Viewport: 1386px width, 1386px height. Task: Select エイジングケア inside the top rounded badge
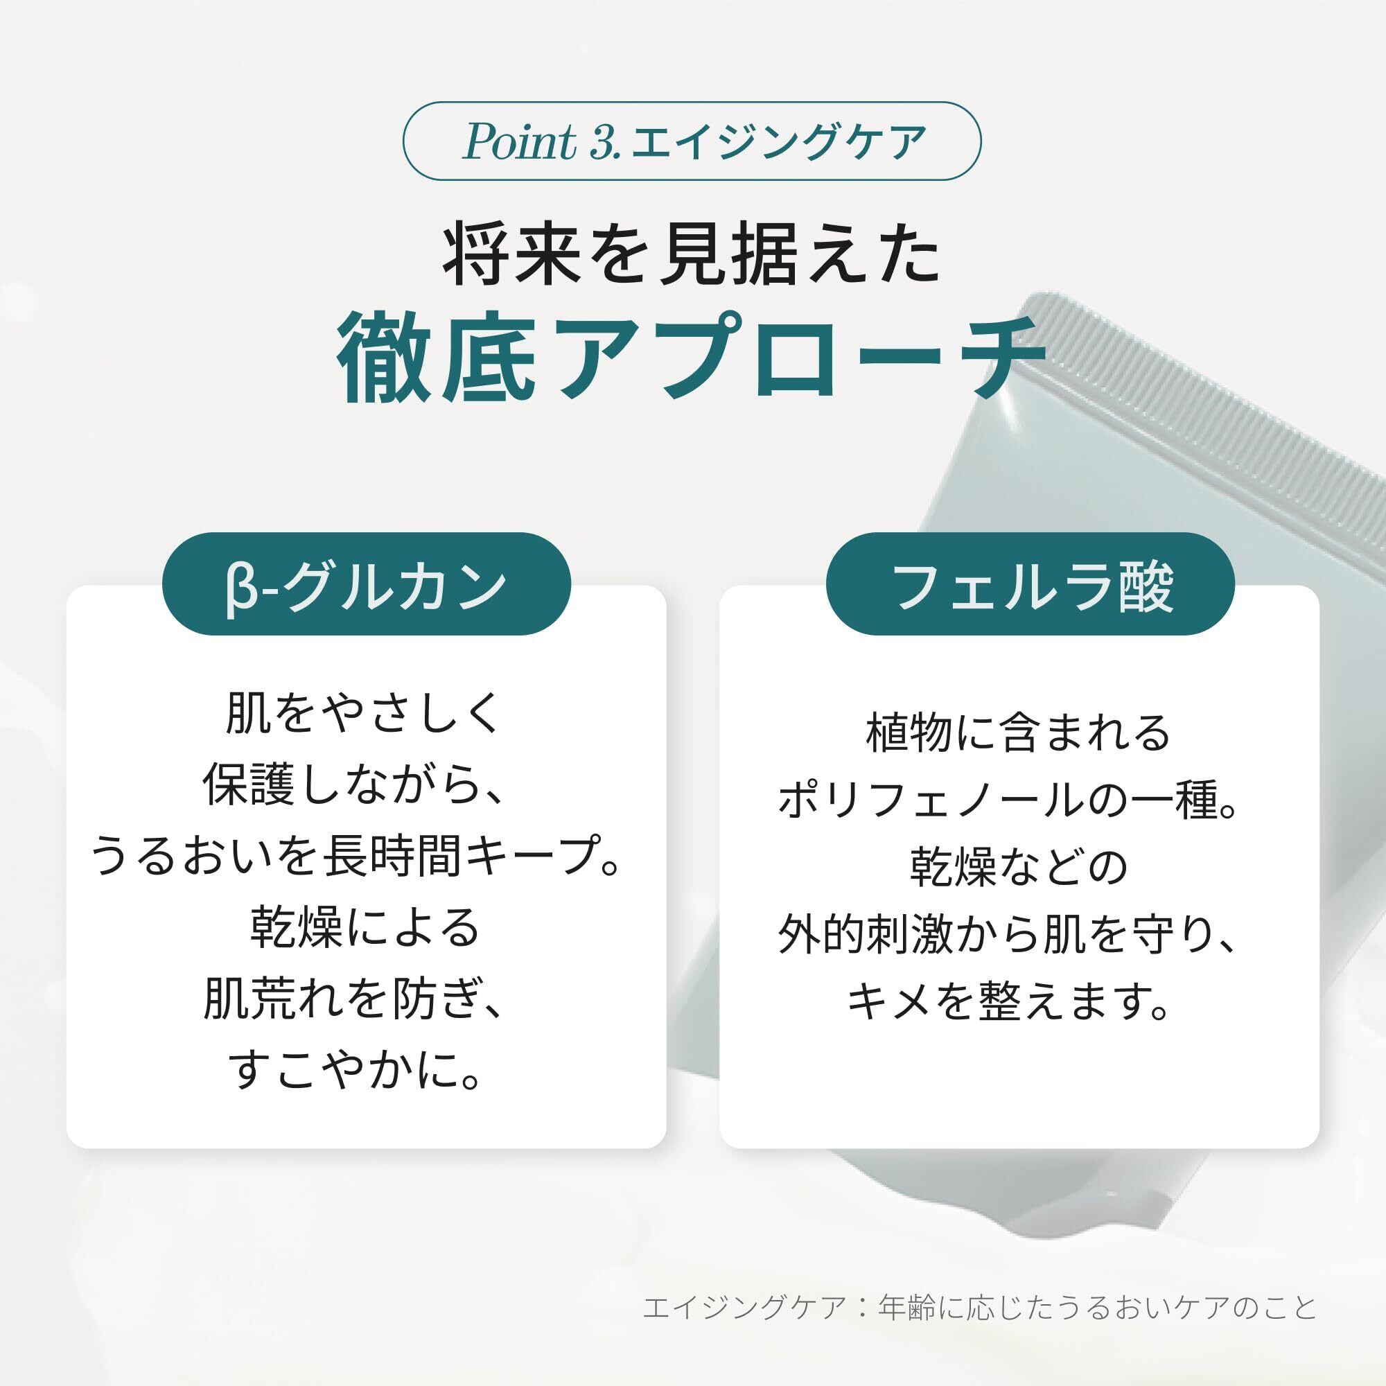(x=773, y=141)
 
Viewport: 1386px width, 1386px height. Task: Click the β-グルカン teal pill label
(x=367, y=584)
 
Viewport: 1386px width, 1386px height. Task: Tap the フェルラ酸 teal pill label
(x=1031, y=584)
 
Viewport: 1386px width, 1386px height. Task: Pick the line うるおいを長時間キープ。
(x=356, y=857)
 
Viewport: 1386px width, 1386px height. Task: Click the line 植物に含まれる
(x=1019, y=733)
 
